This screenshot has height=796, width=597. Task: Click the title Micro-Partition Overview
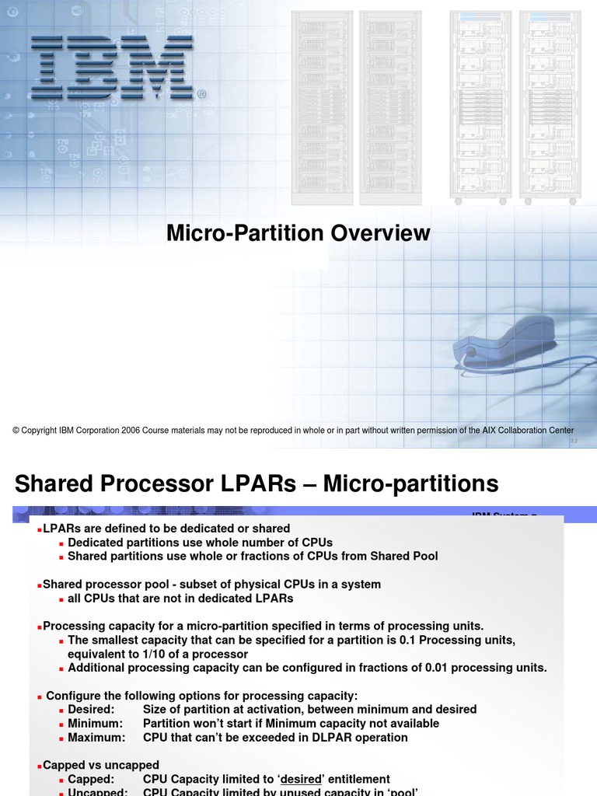tap(298, 232)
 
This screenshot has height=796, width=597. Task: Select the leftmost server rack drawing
tap(322, 107)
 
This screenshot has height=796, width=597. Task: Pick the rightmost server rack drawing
tap(550, 107)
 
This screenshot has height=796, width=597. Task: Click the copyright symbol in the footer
tap(16, 431)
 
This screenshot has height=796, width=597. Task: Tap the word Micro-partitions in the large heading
tap(410, 484)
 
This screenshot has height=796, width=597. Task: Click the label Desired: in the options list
tap(91, 709)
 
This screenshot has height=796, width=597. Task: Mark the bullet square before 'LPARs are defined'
tap(40, 529)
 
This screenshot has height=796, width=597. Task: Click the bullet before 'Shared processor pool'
tap(40, 585)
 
